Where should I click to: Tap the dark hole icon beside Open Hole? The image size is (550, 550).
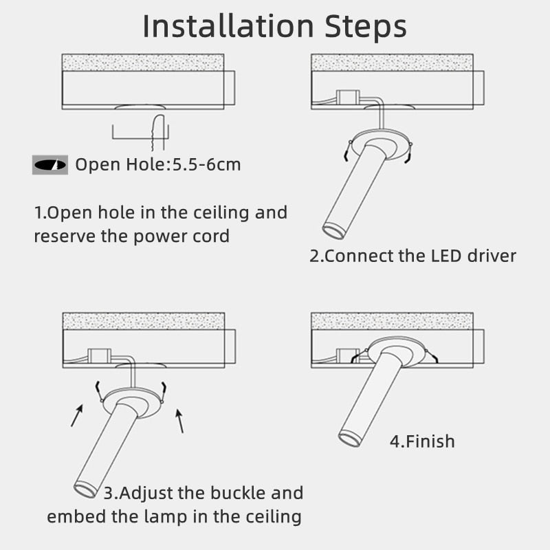pyautogui.click(x=49, y=164)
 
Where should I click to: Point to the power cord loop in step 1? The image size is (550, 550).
pyautogui.click(x=158, y=131)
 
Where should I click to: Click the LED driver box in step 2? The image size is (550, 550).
pyautogui.click(x=346, y=97)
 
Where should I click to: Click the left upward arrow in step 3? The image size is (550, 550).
pyautogui.click(x=77, y=415)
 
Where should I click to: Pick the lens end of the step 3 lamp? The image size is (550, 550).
pyautogui.click(x=85, y=489)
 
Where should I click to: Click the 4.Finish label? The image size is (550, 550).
pyautogui.click(x=422, y=441)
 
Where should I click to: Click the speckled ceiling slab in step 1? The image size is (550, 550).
pyautogui.click(x=143, y=62)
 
